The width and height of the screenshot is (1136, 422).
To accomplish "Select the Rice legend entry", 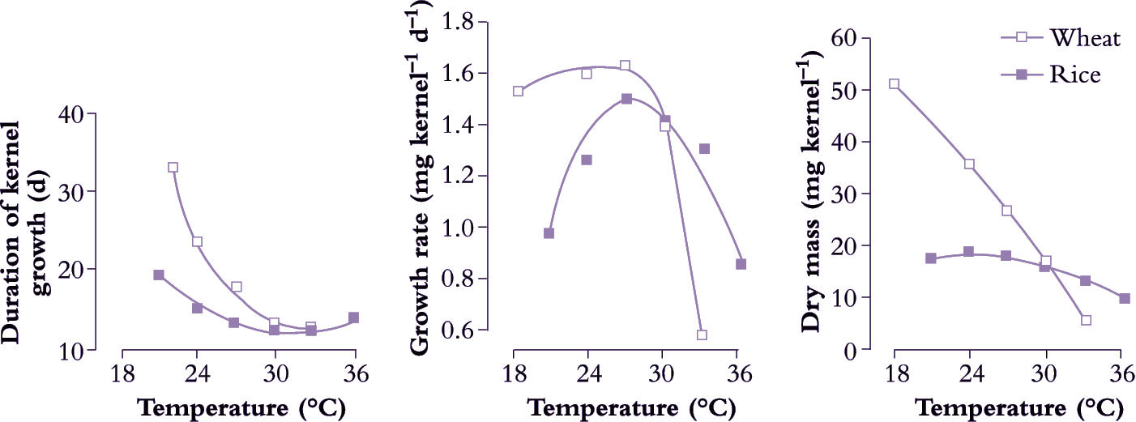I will [1075, 75].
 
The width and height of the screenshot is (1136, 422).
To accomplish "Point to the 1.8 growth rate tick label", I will [471, 22].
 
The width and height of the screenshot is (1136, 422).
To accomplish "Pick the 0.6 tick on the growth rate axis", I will [471, 331].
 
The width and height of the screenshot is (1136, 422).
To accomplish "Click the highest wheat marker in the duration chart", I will [173, 168].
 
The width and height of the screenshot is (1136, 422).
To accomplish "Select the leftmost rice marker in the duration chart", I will [159, 275].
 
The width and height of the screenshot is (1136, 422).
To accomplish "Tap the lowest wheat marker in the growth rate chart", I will [702, 335].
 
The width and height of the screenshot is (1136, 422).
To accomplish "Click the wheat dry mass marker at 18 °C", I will [895, 84].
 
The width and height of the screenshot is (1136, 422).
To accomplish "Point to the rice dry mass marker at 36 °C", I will [1124, 299].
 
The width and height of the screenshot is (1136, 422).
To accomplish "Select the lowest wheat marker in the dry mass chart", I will [1086, 320].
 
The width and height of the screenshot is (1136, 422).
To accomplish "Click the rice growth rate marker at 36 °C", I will [741, 264].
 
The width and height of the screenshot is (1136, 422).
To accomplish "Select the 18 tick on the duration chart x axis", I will [122, 375].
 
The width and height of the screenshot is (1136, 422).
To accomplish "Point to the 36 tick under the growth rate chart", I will [737, 375].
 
